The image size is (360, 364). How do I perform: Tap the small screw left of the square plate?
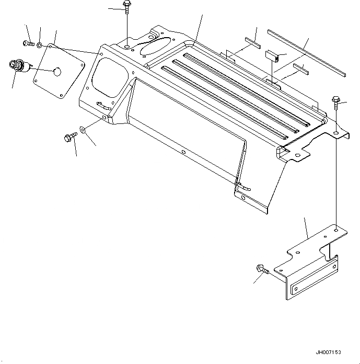28,43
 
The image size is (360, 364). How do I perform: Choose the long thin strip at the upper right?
305,52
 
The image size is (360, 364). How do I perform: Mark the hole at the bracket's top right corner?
336,229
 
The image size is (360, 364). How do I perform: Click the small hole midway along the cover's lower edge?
183,153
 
